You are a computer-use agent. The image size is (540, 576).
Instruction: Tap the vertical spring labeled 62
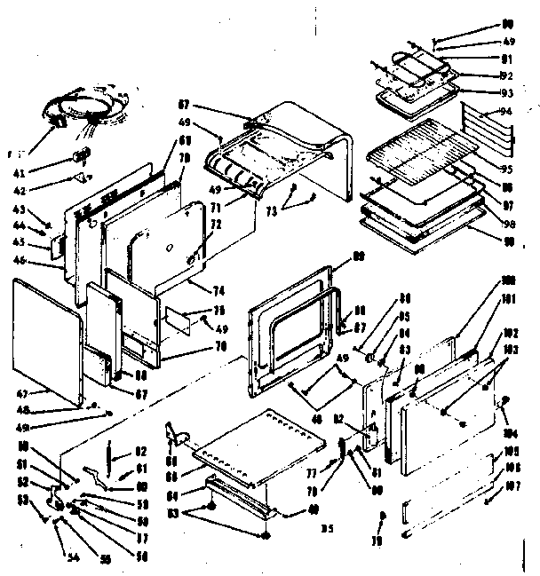point(108,455)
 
